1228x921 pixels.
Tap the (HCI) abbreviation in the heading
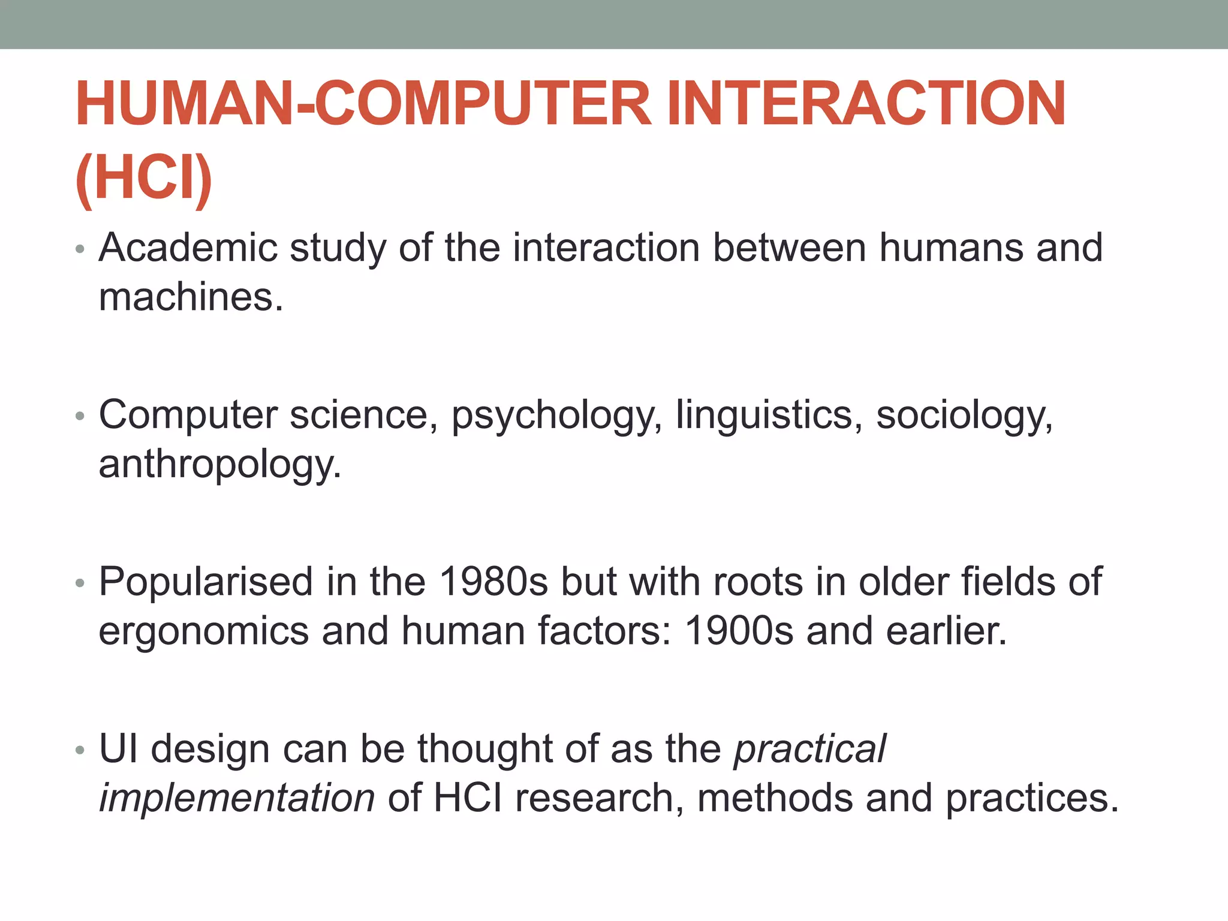[144, 178]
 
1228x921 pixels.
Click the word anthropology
[219, 465]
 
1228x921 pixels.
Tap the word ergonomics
[203, 632]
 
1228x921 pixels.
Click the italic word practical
[810, 750]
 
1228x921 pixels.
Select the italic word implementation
[237, 798]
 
